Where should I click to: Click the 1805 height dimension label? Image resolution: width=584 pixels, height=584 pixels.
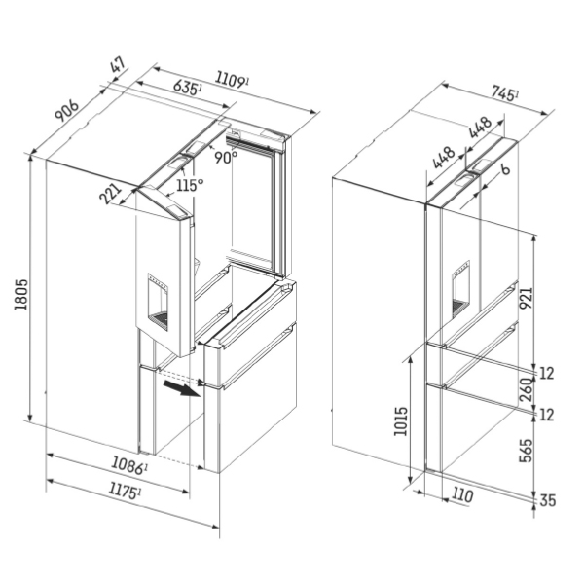(20, 297)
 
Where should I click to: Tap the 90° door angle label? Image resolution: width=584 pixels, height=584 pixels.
(226, 157)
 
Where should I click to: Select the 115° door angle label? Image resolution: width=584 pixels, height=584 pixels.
(190, 185)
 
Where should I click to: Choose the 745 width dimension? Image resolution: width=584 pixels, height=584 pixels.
(502, 94)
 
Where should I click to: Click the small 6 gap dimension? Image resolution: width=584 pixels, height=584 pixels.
(505, 169)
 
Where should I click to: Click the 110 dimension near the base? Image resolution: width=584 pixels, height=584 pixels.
(462, 495)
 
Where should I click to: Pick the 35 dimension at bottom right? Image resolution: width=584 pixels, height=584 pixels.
(549, 501)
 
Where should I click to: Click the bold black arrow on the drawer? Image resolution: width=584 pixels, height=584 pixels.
(179, 389)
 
